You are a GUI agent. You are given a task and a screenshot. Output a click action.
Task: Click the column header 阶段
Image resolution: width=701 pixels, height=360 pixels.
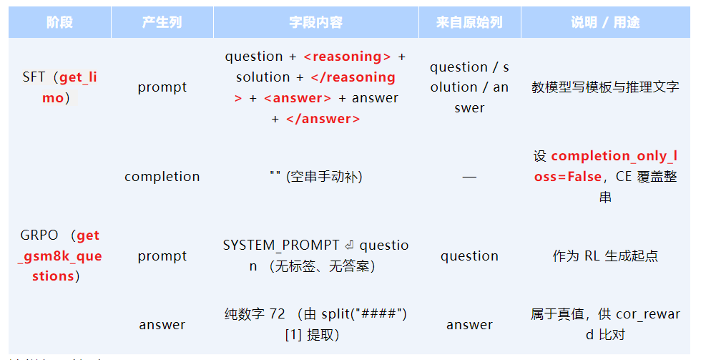(59, 23)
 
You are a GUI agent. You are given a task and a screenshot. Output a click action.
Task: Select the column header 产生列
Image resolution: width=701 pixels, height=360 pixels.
(162, 23)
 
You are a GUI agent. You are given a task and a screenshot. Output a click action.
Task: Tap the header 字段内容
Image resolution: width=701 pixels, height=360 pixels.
(315, 23)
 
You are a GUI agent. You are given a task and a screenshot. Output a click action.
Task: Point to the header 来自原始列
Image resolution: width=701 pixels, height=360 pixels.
(469, 23)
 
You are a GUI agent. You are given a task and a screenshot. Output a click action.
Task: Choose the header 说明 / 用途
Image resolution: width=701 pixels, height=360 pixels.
(605, 23)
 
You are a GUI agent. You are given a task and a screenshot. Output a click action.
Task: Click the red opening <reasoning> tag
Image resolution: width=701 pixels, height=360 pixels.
(347, 57)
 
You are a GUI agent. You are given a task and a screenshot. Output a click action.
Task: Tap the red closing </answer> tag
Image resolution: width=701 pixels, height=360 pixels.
(323, 119)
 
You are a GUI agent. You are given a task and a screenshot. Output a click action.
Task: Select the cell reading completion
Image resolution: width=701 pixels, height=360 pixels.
(162, 177)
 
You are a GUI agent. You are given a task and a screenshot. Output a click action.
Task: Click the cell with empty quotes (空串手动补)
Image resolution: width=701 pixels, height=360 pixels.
(315, 177)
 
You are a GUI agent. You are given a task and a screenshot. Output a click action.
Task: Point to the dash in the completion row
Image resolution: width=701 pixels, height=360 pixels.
(469, 177)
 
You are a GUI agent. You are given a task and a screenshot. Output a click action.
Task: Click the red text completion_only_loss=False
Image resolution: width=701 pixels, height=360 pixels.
(612, 166)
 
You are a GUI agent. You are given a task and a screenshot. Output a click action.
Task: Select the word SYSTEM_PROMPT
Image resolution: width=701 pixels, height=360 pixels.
(281, 245)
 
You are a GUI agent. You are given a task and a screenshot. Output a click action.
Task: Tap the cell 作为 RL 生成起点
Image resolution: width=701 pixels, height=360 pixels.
(605, 256)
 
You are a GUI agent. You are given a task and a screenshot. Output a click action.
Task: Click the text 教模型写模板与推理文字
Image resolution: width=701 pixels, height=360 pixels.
(605, 87)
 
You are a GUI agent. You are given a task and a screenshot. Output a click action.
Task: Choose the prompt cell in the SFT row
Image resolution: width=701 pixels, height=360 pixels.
(162, 87)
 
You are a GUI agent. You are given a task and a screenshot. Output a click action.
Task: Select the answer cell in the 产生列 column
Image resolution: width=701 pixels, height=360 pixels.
(162, 325)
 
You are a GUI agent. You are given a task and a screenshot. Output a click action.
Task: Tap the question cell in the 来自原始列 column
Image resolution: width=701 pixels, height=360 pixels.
(469, 256)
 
